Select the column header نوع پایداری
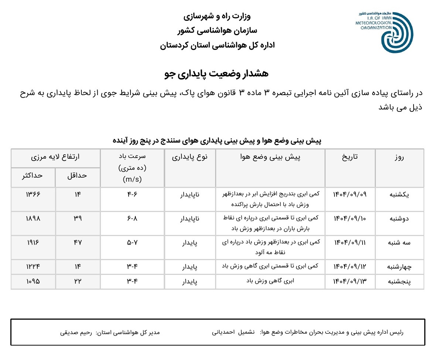[190, 157]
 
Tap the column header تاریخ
[350, 157]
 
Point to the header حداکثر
[33, 175]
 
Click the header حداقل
[77, 175]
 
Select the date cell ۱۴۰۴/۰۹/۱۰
[350, 218]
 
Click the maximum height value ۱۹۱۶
[33, 242]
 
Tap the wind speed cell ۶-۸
[132, 218]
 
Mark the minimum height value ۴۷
[77, 242]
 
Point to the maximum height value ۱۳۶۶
[33, 194]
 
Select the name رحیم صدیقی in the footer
[76, 333]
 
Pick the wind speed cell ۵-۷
[132, 242]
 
